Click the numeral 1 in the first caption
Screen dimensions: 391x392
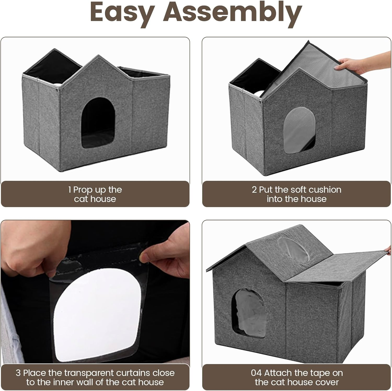[x=70, y=190]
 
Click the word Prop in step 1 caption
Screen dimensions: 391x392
[x=83, y=190]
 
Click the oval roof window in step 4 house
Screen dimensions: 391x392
[x=293, y=248]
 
